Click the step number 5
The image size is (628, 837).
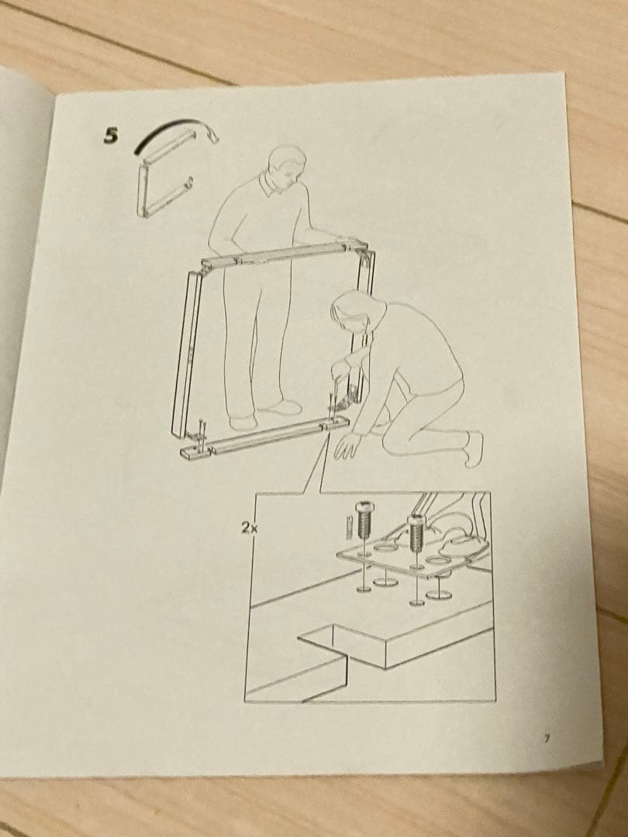click(111, 136)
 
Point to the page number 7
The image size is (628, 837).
click(547, 739)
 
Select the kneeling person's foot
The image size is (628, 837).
click(472, 449)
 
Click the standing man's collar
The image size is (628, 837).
click(271, 186)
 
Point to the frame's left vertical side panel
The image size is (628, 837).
click(186, 356)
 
